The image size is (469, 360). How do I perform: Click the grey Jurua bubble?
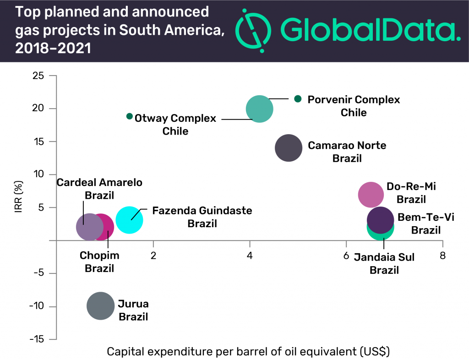coord(100,306)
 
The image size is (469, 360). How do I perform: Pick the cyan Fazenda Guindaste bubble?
coord(129,220)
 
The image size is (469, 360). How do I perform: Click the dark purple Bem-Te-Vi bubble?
coord(380,220)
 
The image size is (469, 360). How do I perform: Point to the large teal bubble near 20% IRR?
coord(260,109)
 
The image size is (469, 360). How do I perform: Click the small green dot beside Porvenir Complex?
coord(298,98)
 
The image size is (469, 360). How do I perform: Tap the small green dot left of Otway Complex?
coord(130,116)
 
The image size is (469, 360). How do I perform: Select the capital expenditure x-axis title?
coord(248,352)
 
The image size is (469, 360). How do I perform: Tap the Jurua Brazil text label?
coord(133,310)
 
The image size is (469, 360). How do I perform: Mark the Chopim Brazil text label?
coord(99,262)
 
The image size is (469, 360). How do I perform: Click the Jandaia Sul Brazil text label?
coord(384,263)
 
